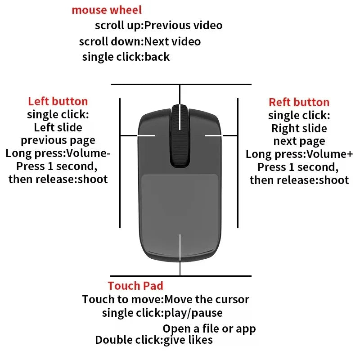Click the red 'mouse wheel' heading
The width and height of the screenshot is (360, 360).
(x=107, y=10)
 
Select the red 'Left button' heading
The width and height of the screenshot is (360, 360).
(x=58, y=101)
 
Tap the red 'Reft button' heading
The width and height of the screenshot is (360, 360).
(x=299, y=102)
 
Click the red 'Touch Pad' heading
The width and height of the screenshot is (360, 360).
(x=135, y=285)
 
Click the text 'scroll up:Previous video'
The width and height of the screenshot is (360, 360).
(x=158, y=25)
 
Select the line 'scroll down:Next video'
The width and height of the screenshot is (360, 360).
(x=139, y=42)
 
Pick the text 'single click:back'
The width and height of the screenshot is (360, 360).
(x=126, y=57)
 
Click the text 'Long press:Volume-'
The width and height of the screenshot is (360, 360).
(x=58, y=153)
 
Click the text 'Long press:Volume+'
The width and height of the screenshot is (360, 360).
(x=299, y=154)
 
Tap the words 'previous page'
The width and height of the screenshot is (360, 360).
(x=58, y=140)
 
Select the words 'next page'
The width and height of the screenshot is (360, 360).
(x=299, y=141)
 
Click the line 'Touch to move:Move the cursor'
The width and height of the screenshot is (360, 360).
(x=165, y=299)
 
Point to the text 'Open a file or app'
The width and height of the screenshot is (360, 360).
(x=209, y=328)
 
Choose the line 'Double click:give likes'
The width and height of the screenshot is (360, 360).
(x=153, y=340)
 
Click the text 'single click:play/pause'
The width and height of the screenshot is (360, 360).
(x=162, y=313)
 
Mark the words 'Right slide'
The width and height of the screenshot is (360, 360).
(x=299, y=128)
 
